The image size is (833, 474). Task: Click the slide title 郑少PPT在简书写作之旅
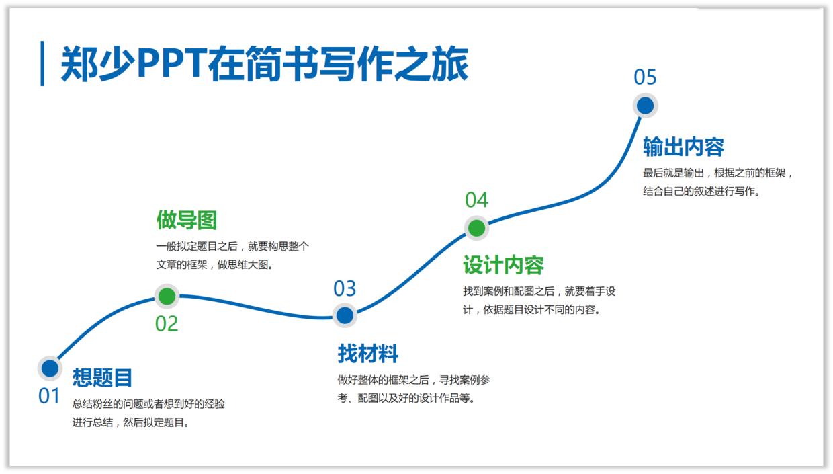coord(264,65)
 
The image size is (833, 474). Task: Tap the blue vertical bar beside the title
coord(42,64)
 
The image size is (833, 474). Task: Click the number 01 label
coord(49,397)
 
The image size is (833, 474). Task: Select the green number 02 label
coord(167,324)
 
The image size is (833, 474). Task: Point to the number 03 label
coord(345,289)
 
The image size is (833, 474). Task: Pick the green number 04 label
coord(476,200)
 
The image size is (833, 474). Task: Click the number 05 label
coord(645,77)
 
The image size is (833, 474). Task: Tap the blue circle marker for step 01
coord(50,368)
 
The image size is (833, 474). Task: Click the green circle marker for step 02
coord(167,296)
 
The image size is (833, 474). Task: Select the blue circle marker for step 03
coord(345,315)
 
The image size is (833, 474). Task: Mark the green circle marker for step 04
coord(476,228)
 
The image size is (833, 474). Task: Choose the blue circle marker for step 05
coord(645,106)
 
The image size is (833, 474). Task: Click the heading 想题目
coord(102,378)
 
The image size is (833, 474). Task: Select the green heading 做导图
coord(187,220)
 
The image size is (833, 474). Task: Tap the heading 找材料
coord(367,354)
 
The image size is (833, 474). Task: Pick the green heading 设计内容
coord(503,266)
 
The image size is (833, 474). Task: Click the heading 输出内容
coord(683,147)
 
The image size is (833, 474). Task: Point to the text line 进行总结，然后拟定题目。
coord(131,423)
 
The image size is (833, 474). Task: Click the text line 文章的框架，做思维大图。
coord(215,265)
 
